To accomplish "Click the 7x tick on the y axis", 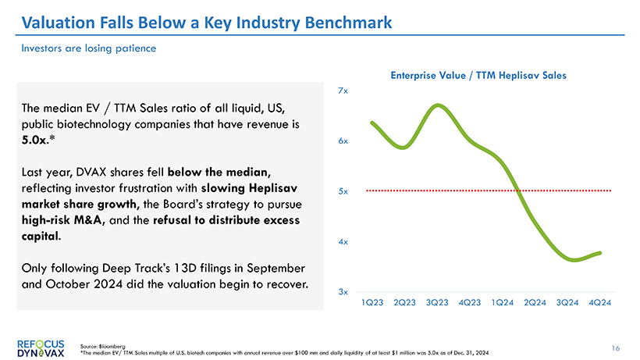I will pyautogui.click(x=343, y=91).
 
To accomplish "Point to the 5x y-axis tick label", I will pyautogui.click(x=343, y=191).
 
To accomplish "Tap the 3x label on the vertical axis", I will pyautogui.click(x=343, y=291).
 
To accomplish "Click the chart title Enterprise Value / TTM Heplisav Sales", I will pyautogui.click(x=478, y=75).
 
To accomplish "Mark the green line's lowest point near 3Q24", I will pyautogui.click(x=575, y=260).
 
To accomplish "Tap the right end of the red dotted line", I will pyautogui.click(x=610, y=191).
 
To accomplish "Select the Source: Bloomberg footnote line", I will pyautogui.click(x=102, y=344).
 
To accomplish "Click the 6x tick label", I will pyautogui.click(x=343, y=141).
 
